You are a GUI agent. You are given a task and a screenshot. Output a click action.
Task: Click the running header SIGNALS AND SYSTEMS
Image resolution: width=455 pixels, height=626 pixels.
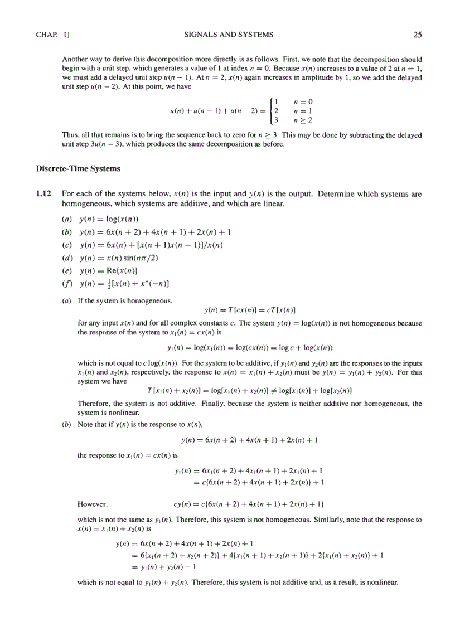point(228,35)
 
